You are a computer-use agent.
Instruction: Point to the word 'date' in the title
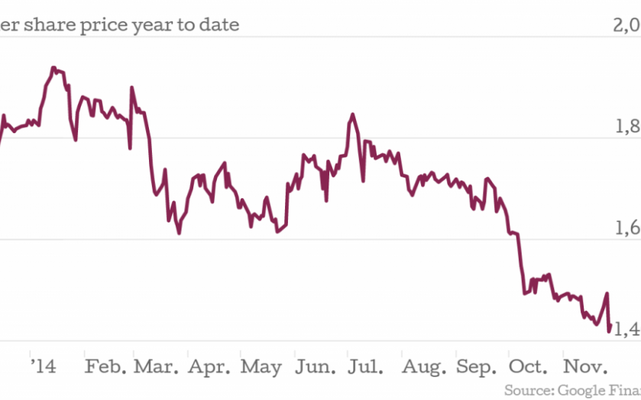(218, 24)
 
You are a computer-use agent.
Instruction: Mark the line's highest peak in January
(52, 68)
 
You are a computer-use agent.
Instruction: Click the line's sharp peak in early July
(352, 115)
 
